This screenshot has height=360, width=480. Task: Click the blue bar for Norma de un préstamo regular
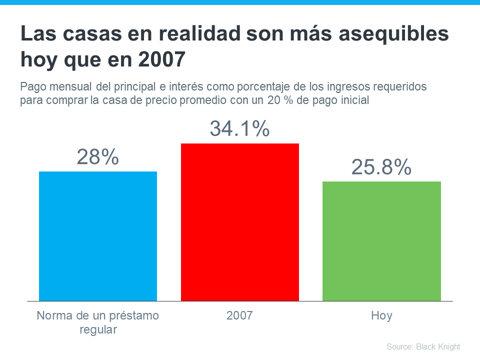(98, 236)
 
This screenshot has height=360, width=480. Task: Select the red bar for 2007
(239, 222)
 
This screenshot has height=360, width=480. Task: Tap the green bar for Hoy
(381, 241)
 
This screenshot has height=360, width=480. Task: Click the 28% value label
(98, 157)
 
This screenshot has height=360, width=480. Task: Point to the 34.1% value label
(239, 129)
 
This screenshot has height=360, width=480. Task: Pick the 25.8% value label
(381, 167)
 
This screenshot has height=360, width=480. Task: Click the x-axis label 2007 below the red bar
(239, 316)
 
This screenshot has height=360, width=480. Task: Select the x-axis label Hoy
(381, 316)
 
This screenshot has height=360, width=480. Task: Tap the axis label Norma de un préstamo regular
(98, 322)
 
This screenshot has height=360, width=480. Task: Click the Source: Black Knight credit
(423, 346)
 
